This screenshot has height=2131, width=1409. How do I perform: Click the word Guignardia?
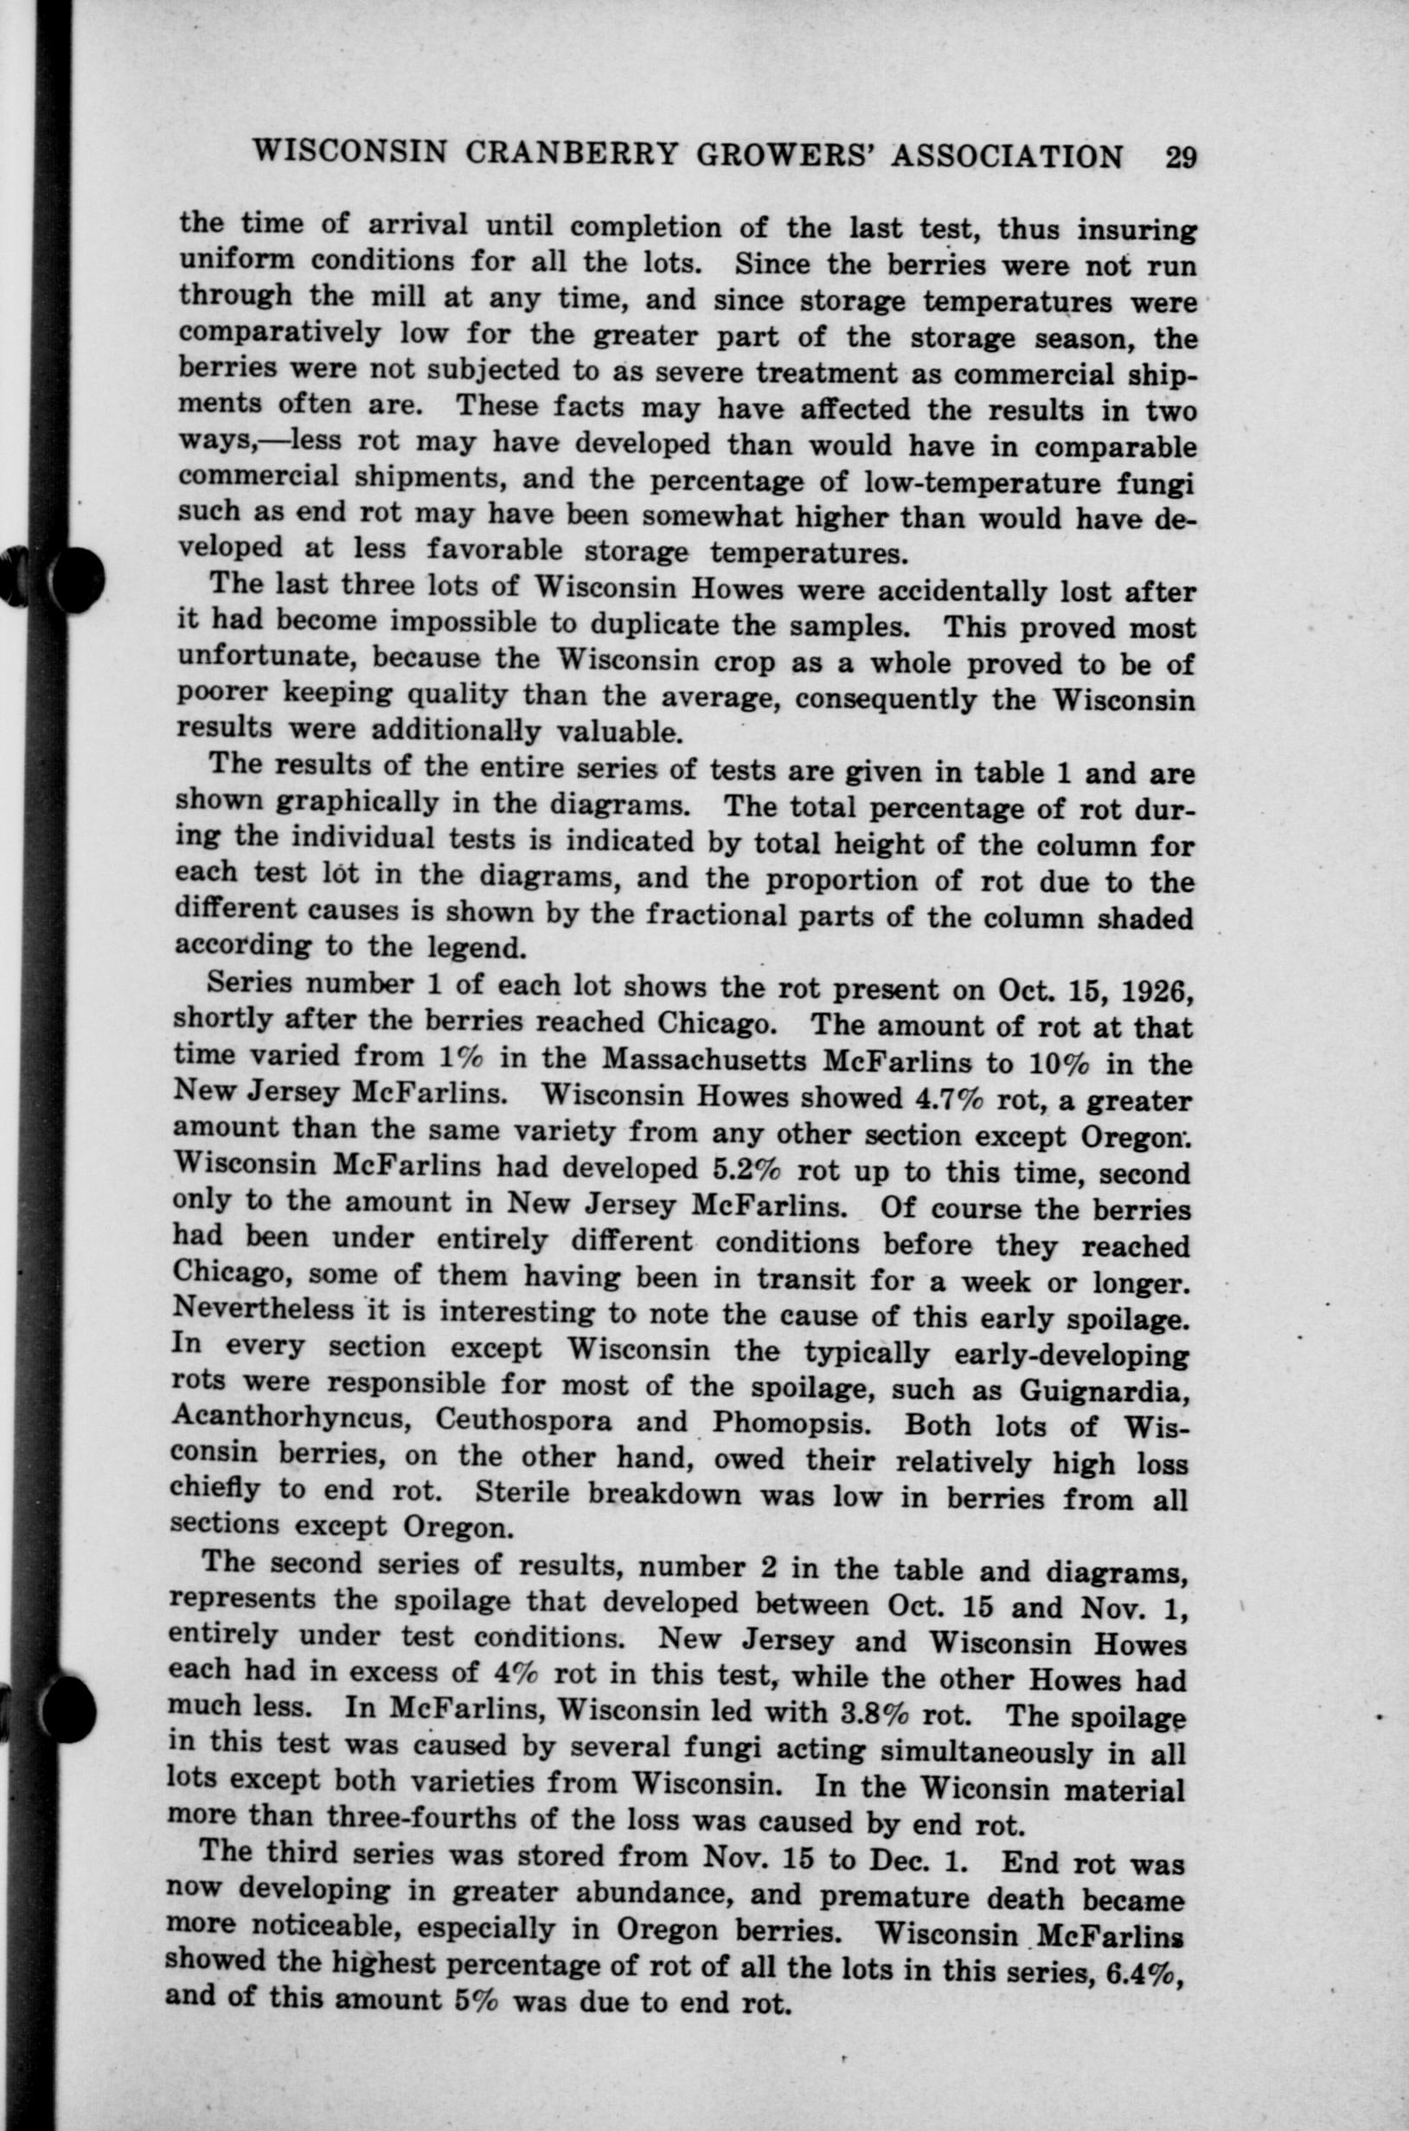pyautogui.click(x=1105, y=1389)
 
